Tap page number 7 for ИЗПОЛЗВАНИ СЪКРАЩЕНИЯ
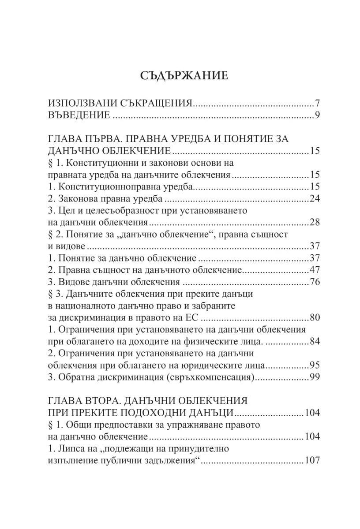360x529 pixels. click(x=317, y=104)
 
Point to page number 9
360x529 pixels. click(x=317, y=116)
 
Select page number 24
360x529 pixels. click(x=314, y=198)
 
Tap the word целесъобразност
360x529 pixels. click(x=123, y=210)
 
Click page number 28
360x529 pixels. click(x=314, y=222)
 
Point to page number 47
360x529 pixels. click(x=314, y=269)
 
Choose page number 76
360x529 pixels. click(x=314, y=281)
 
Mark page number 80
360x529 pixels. click(x=314, y=317)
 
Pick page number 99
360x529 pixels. click(x=314, y=376)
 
